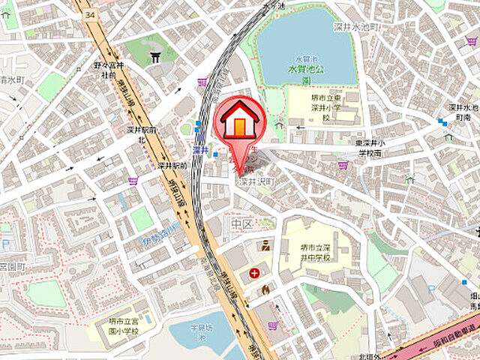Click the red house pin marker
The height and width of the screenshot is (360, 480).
pyautogui.click(x=238, y=121)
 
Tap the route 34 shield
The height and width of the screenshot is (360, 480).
pyautogui.click(x=90, y=14)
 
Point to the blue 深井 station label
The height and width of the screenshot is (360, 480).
pyautogui.click(x=199, y=150)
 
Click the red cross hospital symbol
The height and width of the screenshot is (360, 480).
pyautogui.click(x=256, y=272)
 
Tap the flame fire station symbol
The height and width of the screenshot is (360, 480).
pyautogui.click(x=265, y=289)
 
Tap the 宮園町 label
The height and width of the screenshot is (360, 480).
pyautogui.click(x=12, y=265)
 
